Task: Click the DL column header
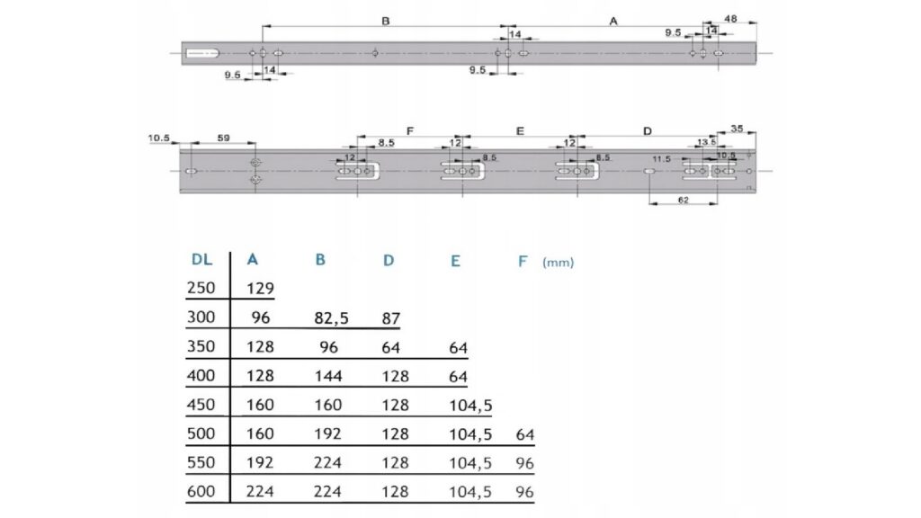point(201,259)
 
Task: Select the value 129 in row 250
point(260,289)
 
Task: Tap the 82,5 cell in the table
point(331,318)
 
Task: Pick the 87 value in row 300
point(390,318)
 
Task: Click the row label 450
point(201,405)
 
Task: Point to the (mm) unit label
point(558,263)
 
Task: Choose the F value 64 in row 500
point(524,434)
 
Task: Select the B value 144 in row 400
point(328,376)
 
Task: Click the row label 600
point(201,491)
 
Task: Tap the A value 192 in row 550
point(260,462)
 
